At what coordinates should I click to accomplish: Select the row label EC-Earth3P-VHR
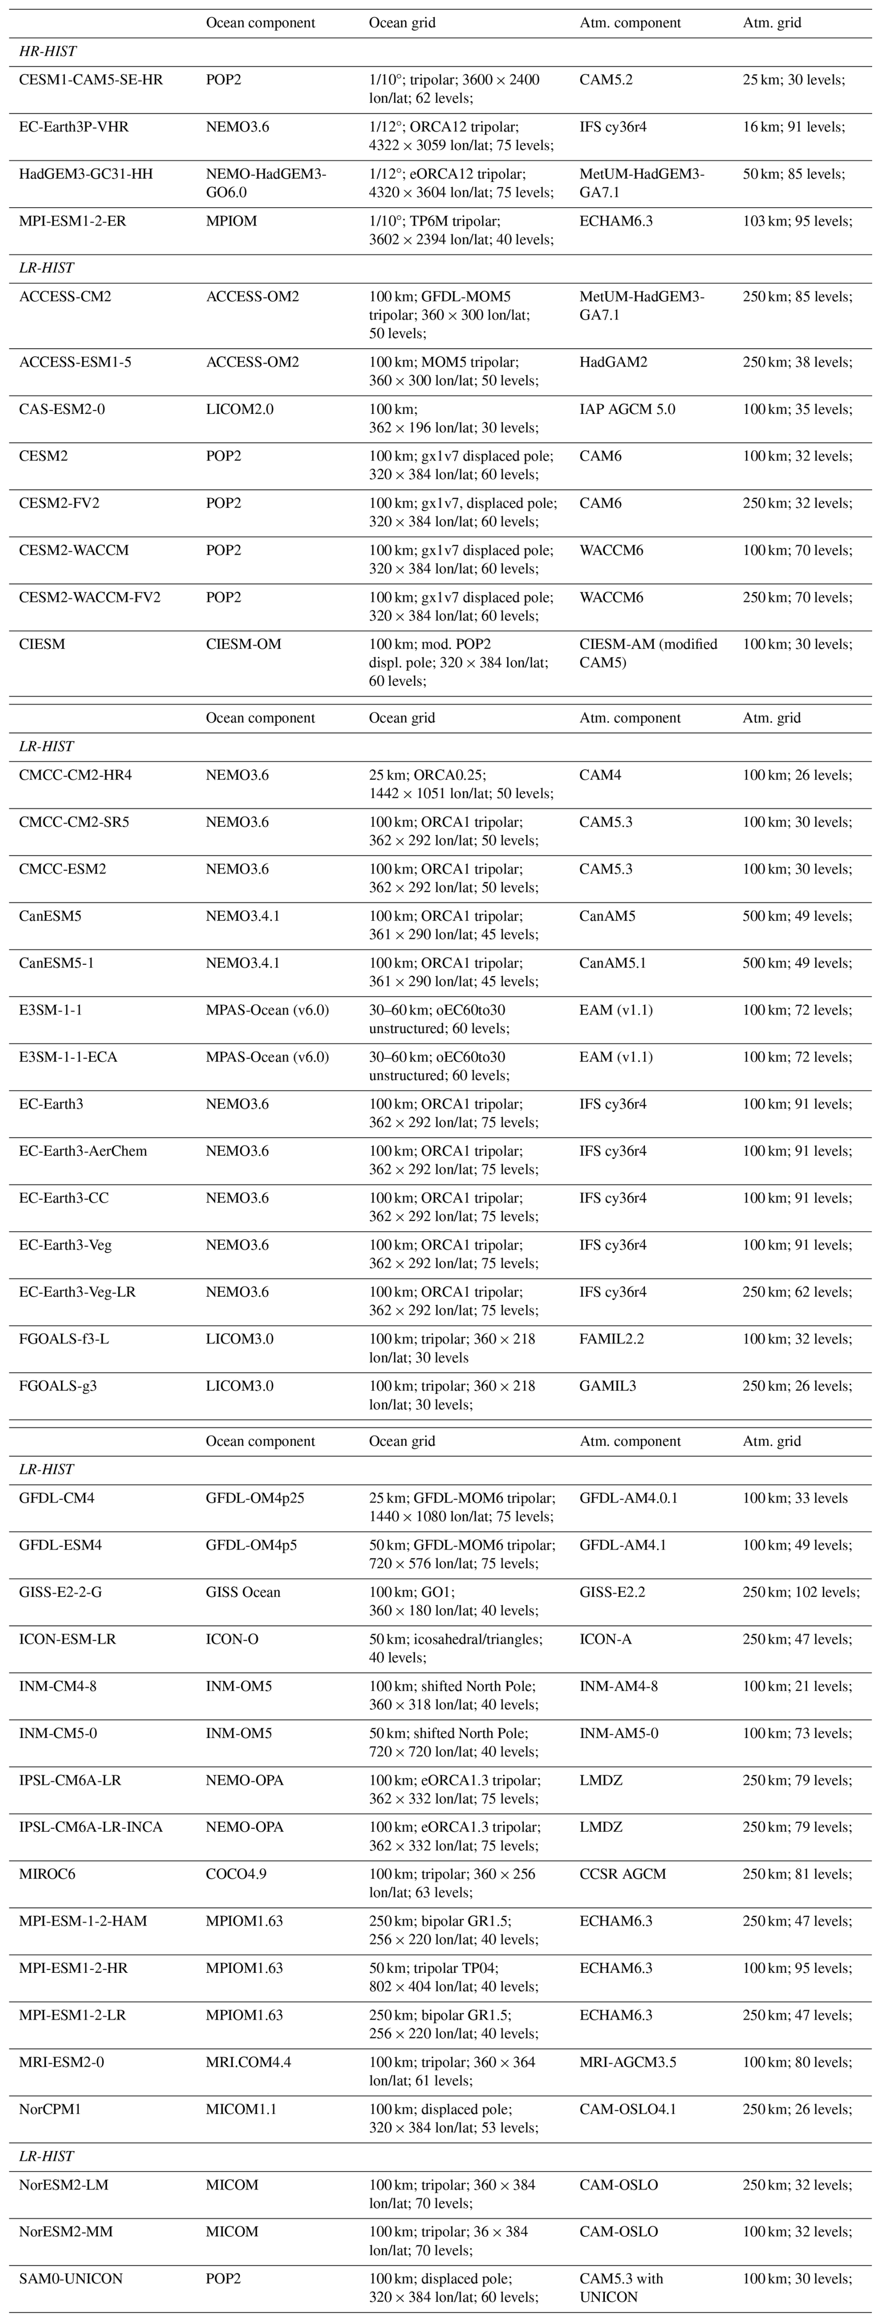click(x=74, y=127)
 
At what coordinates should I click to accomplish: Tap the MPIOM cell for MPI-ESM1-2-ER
click(x=231, y=221)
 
